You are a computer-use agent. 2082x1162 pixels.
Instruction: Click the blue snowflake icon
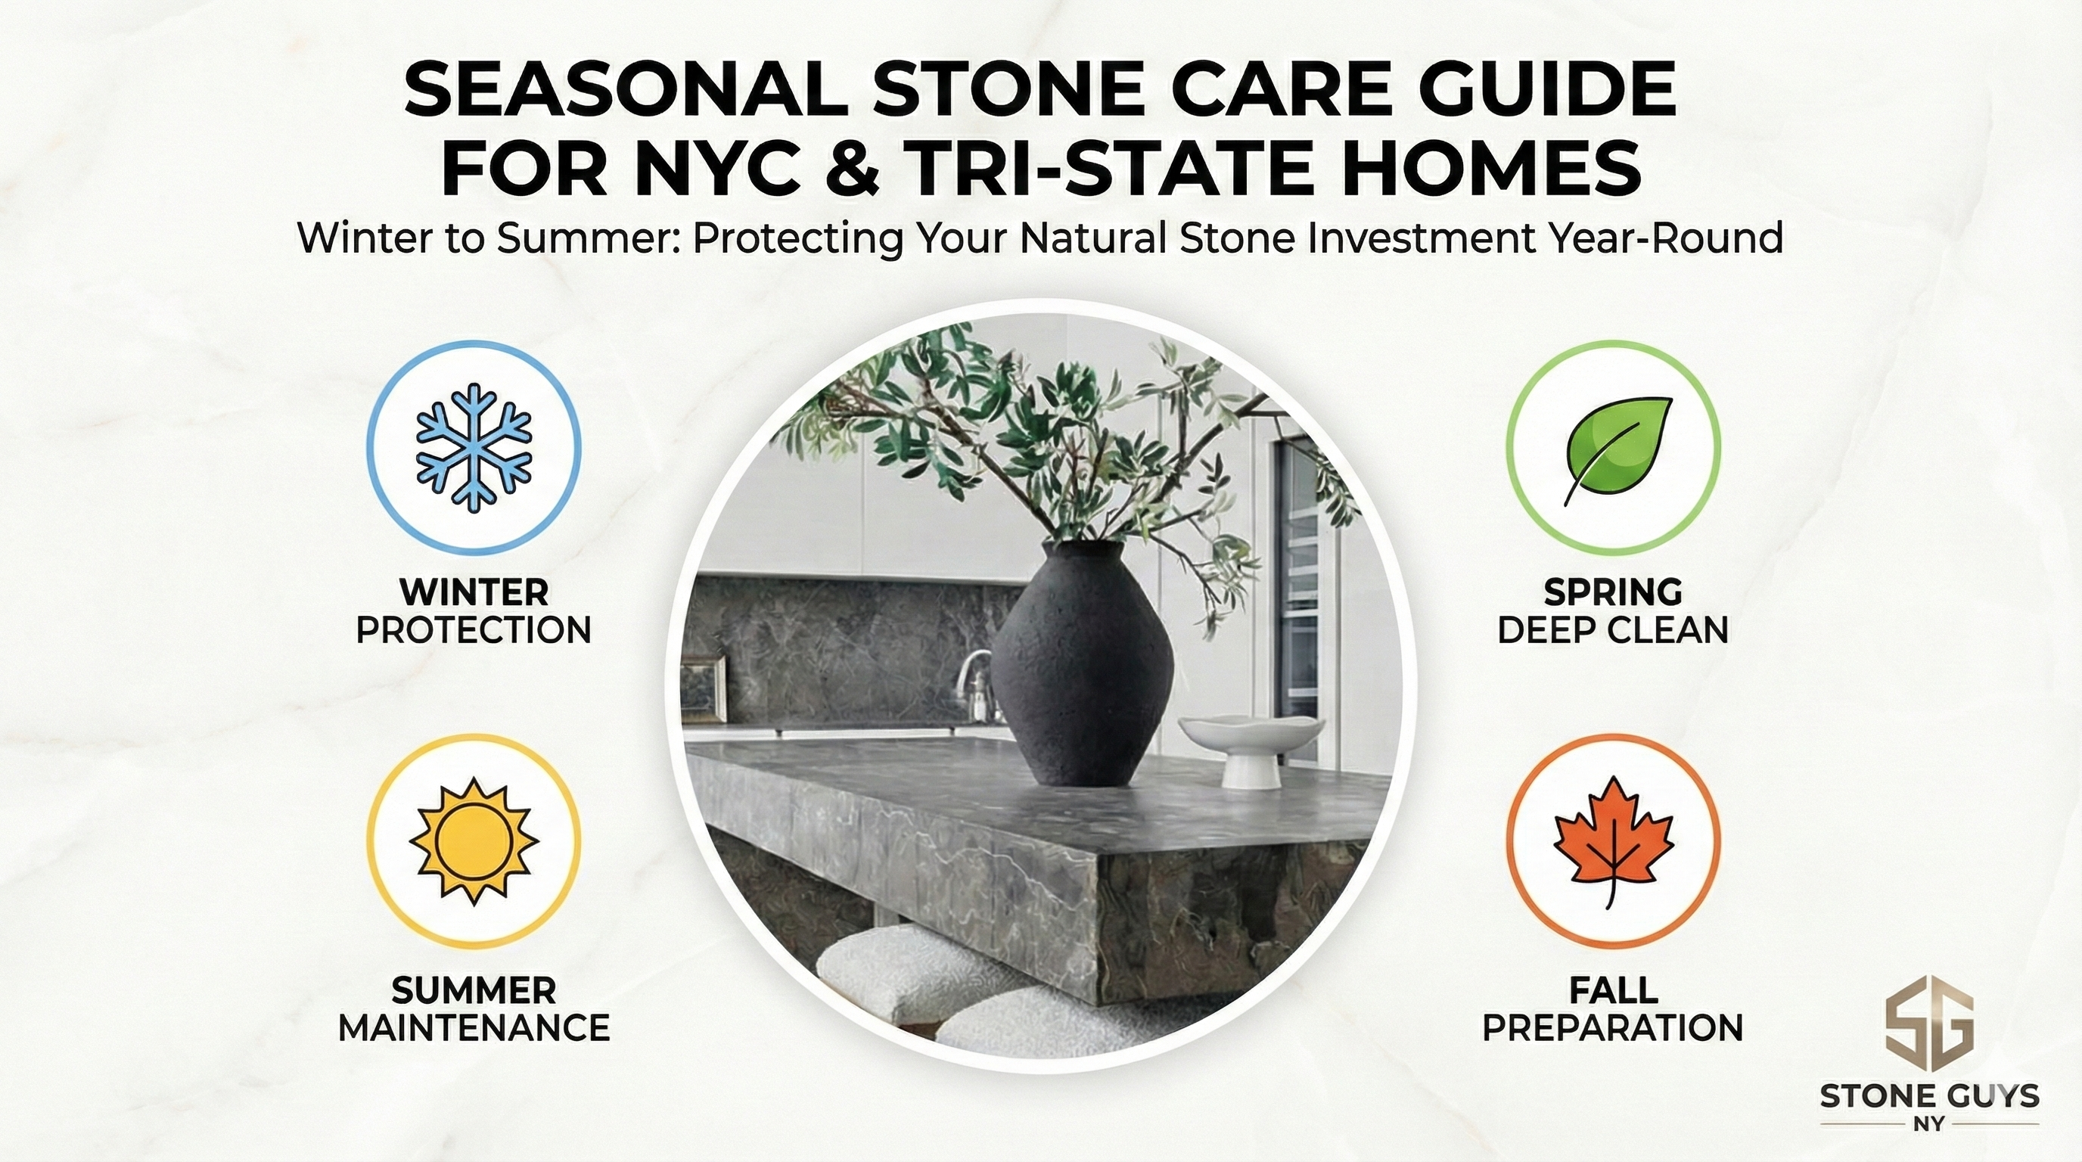point(474,447)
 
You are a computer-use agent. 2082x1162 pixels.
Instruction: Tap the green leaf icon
point(1612,447)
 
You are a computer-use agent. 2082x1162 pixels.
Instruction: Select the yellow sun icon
point(474,840)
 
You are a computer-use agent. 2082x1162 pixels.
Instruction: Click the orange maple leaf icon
point(1612,840)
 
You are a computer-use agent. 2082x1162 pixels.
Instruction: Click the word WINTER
point(474,592)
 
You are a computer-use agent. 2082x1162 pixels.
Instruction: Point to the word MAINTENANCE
point(474,1029)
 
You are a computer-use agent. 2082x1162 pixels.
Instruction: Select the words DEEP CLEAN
point(1612,630)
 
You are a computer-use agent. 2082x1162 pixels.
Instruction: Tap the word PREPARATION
point(1612,1029)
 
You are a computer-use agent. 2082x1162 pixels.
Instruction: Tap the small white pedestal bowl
point(1251,747)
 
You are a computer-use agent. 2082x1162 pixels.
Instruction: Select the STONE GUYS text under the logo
point(1928,1096)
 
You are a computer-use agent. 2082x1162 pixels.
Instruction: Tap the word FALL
point(1612,990)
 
